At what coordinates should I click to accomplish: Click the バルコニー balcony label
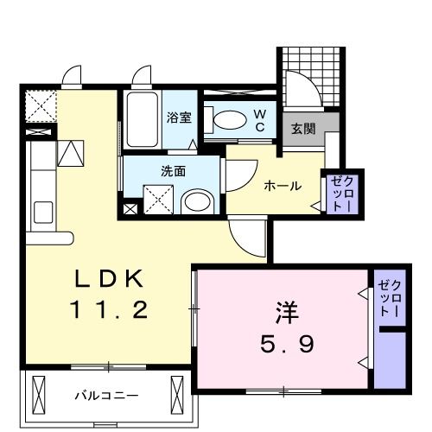(105, 395)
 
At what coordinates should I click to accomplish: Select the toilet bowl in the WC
(228, 120)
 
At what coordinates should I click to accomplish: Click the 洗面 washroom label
(174, 170)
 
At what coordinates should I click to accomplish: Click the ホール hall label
(282, 184)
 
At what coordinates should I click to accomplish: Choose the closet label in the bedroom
(389, 298)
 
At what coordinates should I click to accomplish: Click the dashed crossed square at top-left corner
(37, 106)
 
